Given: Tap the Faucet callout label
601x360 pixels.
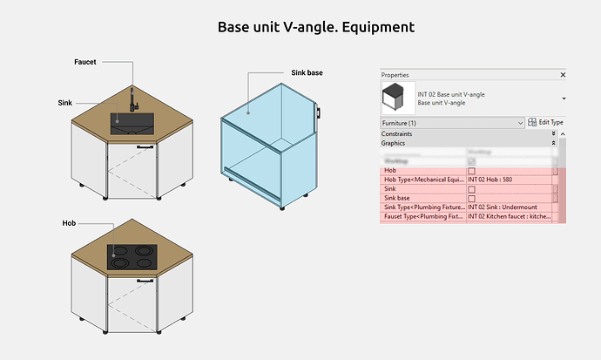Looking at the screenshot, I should tap(84, 63).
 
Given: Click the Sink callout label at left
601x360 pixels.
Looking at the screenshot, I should tap(65, 103).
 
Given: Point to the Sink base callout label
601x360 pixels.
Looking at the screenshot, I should tap(306, 72).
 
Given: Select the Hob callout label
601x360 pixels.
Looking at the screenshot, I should tap(69, 223).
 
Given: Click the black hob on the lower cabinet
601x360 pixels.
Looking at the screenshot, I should tap(130, 255).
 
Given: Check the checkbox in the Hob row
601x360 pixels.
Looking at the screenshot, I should tap(471, 171).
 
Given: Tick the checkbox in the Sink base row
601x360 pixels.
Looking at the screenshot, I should tap(471, 198).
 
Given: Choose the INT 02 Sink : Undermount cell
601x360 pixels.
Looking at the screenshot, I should tap(505, 207).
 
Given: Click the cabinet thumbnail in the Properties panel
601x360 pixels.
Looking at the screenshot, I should tap(398, 98).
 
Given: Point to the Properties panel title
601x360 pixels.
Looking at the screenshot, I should tap(395, 75).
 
